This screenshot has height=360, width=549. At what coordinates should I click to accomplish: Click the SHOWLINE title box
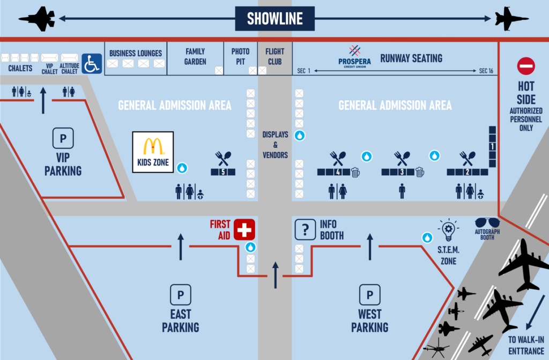274,19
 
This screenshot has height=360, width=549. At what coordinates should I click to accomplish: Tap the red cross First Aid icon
244,230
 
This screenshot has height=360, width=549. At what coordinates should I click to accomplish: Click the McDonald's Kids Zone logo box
153,152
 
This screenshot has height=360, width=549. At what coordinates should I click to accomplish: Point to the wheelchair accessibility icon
92,63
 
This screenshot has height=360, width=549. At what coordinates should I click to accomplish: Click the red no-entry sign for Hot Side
526,66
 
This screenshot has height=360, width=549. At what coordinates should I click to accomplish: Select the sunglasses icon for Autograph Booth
487,223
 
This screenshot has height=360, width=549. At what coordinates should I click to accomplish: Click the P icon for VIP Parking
63,139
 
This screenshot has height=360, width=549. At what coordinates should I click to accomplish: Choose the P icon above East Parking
180,295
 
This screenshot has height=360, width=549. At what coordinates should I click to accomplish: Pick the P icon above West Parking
369,295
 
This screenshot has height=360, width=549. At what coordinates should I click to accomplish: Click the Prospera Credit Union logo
354,56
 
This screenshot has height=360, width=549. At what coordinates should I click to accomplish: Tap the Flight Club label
275,57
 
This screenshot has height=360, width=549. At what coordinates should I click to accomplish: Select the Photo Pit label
240,57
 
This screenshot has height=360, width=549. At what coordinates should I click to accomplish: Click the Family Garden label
195,57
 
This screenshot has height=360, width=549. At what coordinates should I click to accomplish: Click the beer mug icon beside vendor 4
355,172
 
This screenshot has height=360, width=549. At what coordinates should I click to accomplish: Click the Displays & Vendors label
275,144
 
